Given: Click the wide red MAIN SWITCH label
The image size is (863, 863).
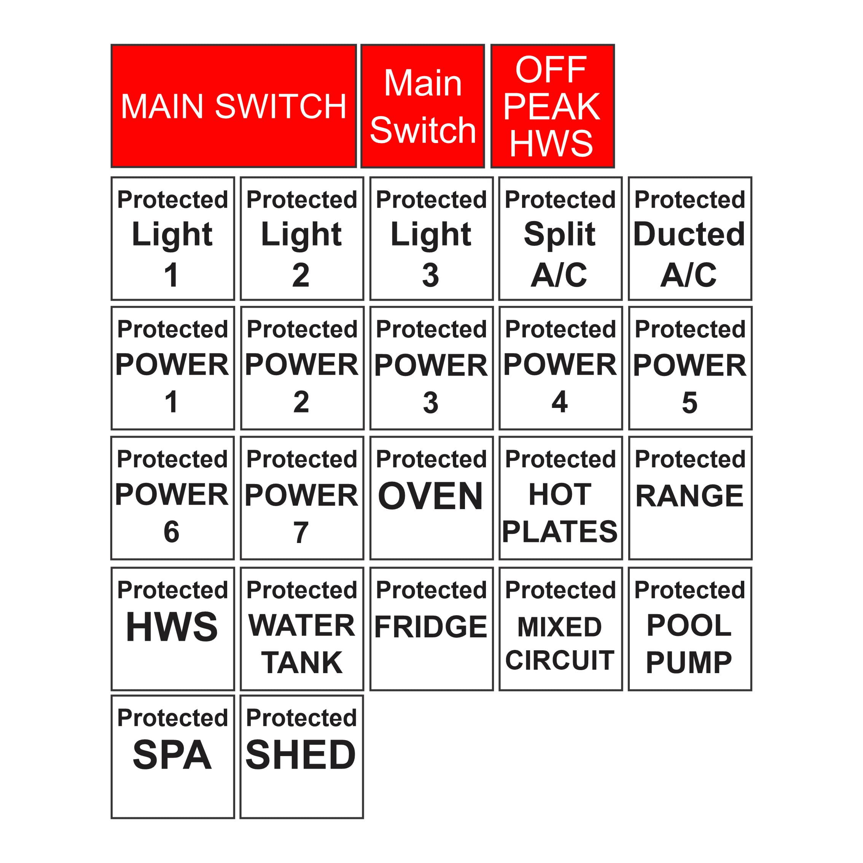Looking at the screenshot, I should point(233,106).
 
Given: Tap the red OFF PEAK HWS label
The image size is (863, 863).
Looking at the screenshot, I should point(552,106).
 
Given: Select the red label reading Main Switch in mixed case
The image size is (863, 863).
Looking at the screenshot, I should point(423,106).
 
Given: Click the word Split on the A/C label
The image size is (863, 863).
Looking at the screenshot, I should point(559,234).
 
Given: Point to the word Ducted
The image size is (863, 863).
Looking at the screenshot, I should point(689,234).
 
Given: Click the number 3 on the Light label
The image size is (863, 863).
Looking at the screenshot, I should point(431,275).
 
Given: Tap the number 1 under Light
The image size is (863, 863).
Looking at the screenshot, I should point(172,275).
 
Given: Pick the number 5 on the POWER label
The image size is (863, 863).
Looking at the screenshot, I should point(689,403).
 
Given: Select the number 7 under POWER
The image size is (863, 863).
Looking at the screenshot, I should point(301,532).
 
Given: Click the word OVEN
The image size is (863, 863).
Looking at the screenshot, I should point(431,496).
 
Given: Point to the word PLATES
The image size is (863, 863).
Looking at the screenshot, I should point(559,532).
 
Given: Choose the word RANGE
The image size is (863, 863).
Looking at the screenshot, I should point(689,496).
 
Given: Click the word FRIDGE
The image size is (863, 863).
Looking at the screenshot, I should point(431,627).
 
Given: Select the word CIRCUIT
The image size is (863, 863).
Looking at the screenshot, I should point(560,660).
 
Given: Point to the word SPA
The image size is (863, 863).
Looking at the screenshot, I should point(172,755).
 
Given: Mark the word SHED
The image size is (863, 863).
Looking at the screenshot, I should point(301,755).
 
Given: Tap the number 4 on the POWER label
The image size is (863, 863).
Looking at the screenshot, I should point(559,402).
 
